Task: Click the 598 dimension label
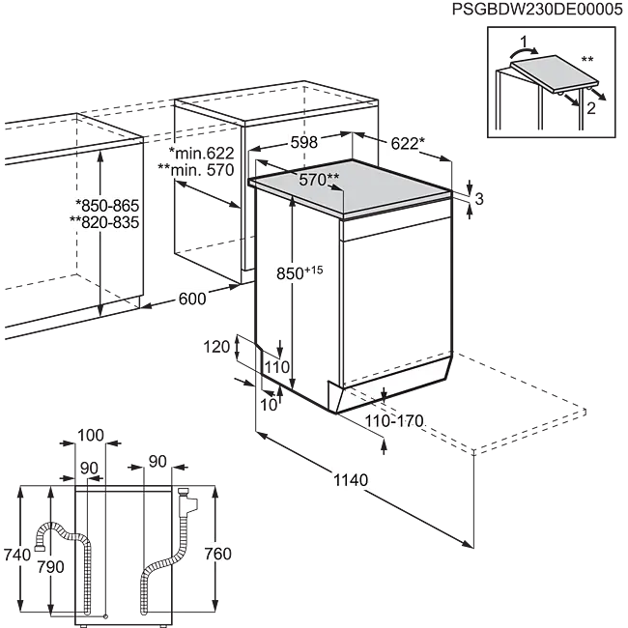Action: coord(304,142)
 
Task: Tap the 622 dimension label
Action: coord(405,145)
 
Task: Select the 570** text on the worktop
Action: coord(319,179)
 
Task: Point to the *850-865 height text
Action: coord(107,206)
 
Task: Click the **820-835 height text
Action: coord(105,222)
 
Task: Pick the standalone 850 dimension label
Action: coord(289,274)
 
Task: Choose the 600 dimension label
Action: coord(192,300)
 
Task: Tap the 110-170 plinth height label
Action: coord(392,421)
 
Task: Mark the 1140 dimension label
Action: coord(350,479)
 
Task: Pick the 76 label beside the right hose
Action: coord(216,554)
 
